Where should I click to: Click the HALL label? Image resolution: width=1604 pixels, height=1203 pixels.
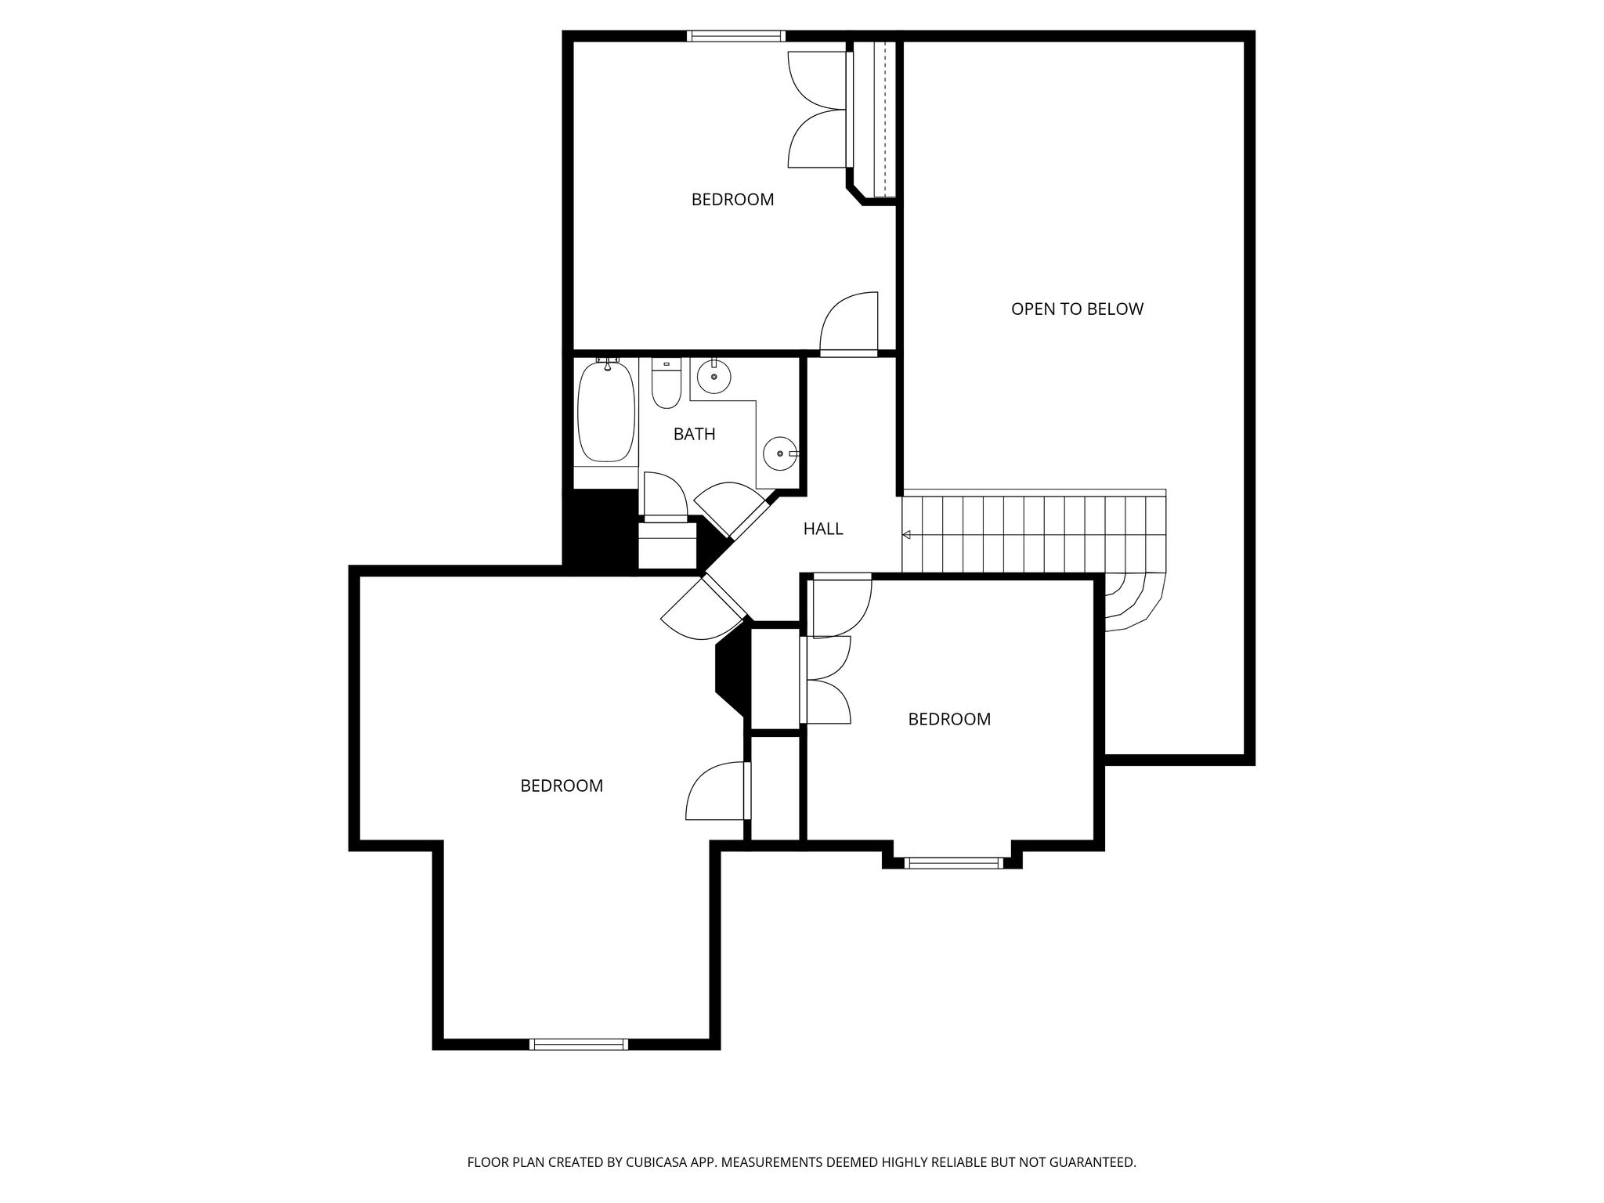(x=823, y=529)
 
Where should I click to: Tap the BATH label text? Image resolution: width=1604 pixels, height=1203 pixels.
(x=695, y=434)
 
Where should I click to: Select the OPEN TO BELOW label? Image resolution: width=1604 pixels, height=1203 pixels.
(x=1077, y=309)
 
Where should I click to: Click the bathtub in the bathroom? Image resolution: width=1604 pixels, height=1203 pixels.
(x=606, y=412)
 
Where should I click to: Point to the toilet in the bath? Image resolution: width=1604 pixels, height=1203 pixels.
(x=667, y=384)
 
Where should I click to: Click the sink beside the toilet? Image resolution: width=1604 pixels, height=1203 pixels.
(x=713, y=377)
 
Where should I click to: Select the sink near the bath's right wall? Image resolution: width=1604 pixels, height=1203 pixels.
(x=781, y=453)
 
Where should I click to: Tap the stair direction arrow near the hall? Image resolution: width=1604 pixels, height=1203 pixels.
(x=906, y=535)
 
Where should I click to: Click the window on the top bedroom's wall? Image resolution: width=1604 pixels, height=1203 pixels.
(x=736, y=36)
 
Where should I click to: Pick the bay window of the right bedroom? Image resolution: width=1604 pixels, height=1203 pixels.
(x=953, y=863)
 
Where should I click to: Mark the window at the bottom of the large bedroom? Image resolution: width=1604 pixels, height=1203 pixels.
(x=579, y=1044)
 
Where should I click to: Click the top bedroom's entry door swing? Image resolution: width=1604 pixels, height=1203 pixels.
(x=849, y=324)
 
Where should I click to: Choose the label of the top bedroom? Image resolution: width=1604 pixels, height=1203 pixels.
(x=732, y=200)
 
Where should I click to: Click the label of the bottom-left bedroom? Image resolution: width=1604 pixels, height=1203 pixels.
(x=562, y=786)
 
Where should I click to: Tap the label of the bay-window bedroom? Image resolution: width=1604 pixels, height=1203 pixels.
(x=949, y=719)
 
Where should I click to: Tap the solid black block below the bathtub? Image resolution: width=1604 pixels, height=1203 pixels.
(x=601, y=528)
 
